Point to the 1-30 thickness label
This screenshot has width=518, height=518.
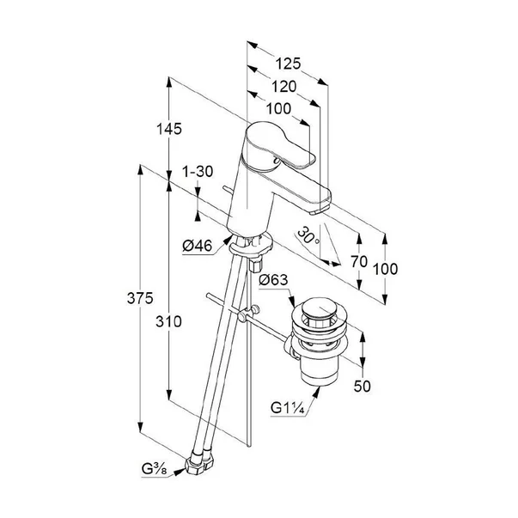pyautogui.click(x=198, y=172)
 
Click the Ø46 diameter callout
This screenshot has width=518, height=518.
pyautogui.click(x=198, y=246)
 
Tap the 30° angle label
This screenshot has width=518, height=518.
pyautogui.click(x=309, y=235)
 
